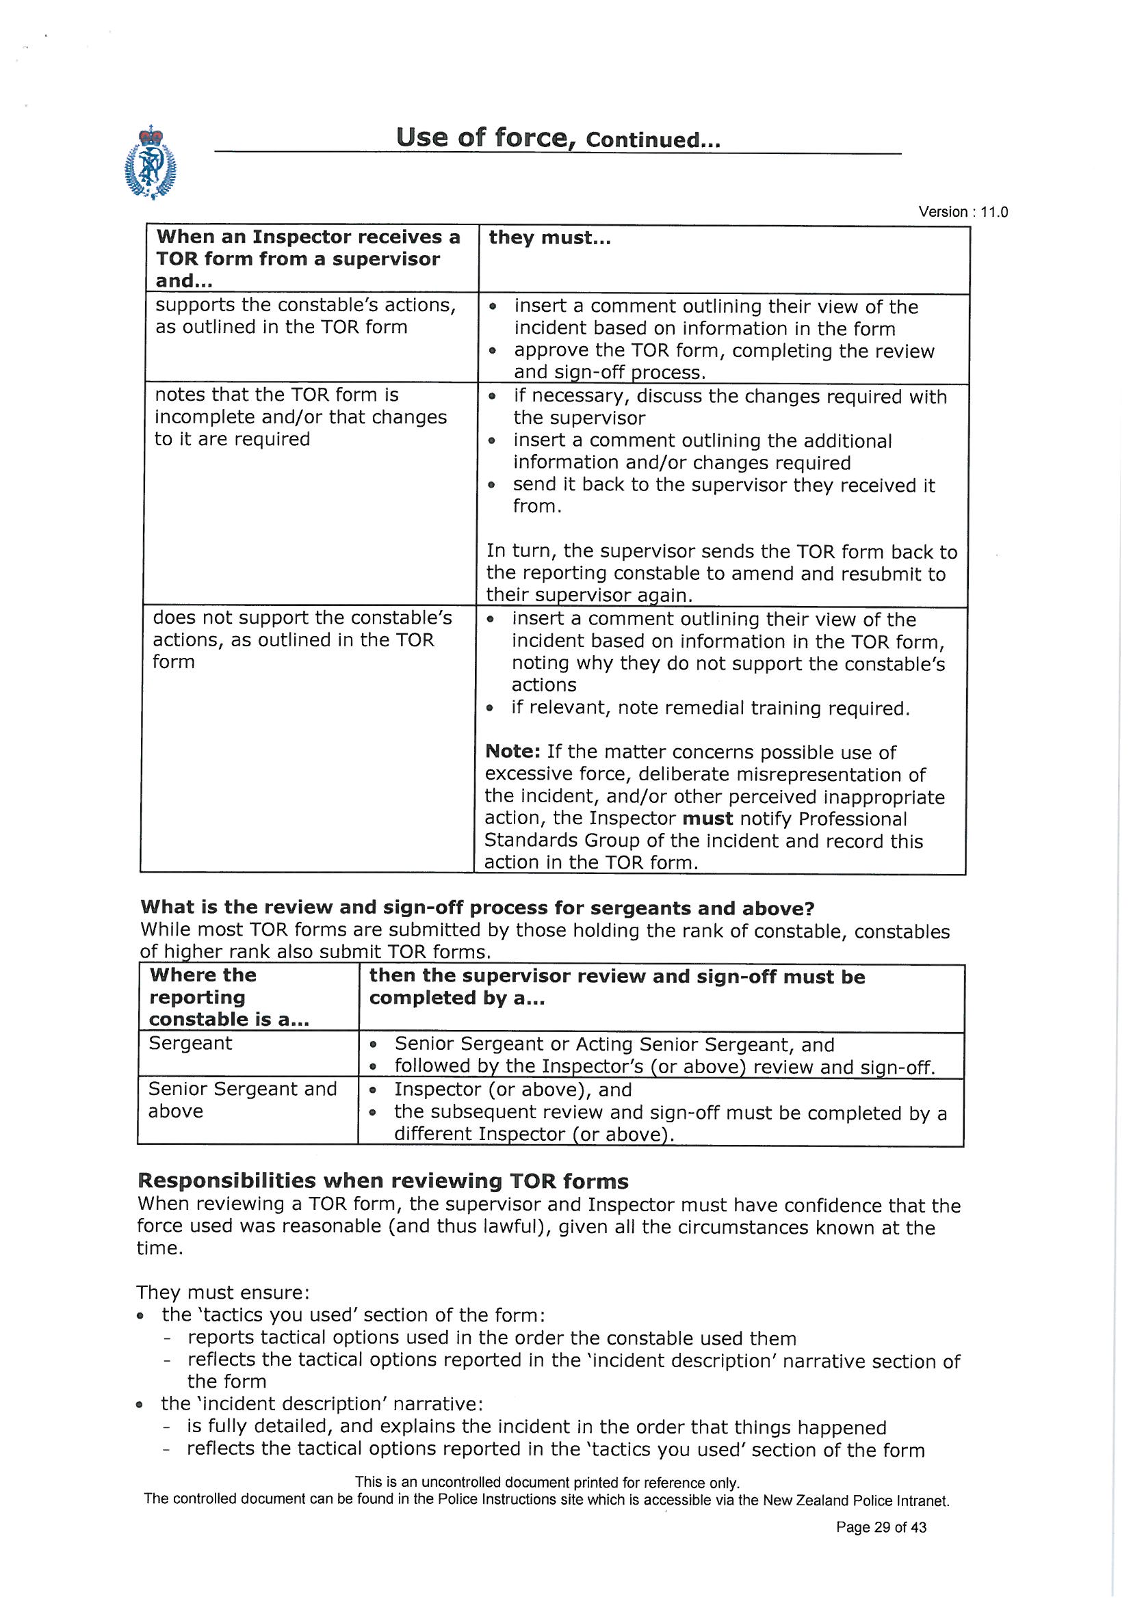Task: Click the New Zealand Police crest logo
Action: click(150, 163)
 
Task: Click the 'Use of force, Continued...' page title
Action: click(558, 138)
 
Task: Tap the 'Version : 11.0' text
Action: click(963, 212)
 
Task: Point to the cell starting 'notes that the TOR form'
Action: click(300, 417)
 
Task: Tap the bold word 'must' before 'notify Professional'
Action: click(707, 818)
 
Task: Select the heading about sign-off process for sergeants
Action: click(478, 908)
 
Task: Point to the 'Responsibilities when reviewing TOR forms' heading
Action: click(383, 1181)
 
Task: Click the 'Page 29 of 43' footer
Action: click(881, 1527)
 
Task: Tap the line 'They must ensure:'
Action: click(222, 1293)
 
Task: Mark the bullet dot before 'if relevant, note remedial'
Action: click(491, 709)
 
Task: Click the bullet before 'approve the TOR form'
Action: click(493, 352)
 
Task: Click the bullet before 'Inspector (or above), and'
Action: click(374, 1091)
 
